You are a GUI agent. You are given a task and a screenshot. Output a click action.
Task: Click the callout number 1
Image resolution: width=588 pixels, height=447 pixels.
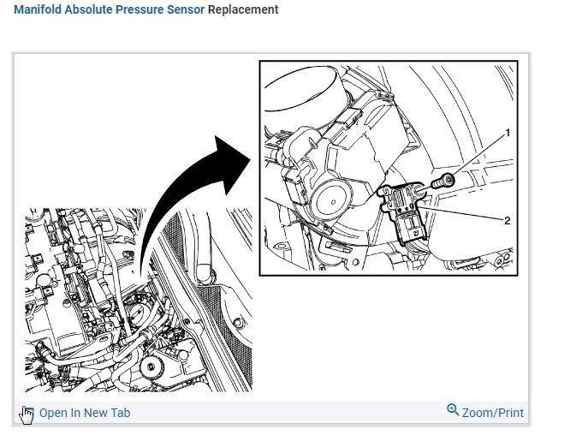point(508,134)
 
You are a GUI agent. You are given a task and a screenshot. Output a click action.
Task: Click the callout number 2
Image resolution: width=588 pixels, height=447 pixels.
point(508,220)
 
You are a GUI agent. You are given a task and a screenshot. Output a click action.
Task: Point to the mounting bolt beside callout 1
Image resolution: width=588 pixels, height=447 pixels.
point(444,181)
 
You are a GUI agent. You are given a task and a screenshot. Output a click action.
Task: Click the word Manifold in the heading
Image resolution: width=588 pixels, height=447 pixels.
point(39,10)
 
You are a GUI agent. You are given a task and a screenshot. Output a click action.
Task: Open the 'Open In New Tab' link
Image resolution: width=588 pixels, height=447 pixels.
point(85,413)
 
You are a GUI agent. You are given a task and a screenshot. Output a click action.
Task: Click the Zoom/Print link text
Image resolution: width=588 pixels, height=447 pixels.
point(492,413)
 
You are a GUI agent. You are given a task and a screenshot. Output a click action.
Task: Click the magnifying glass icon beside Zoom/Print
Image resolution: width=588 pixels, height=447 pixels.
point(453,410)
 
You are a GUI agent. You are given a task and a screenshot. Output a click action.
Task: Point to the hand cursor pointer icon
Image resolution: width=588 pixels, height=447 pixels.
point(27,414)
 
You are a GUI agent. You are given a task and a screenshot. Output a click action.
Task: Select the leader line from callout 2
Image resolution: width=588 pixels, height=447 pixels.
point(466,214)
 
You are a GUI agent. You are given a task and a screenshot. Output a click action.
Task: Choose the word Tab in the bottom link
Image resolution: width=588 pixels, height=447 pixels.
point(119,413)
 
